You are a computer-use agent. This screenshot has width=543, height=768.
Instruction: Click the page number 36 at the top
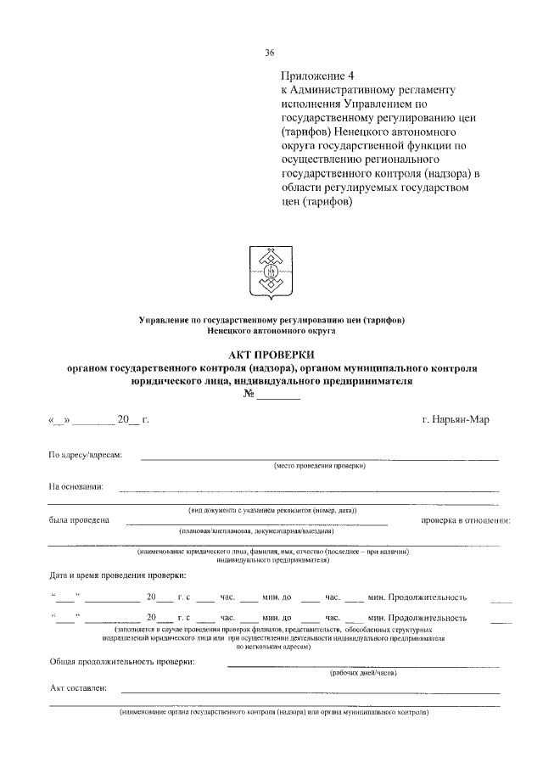[x=271, y=53]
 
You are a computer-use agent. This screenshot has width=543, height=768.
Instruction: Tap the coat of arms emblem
[x=271, y=271]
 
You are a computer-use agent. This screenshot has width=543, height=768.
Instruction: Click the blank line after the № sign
[x=279, y=396]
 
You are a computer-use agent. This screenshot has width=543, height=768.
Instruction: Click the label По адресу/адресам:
[x=86, y=456]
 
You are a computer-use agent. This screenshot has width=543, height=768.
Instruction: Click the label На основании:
[x=76, y=487]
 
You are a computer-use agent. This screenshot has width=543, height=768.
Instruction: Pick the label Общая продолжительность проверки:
[x=121, y=661]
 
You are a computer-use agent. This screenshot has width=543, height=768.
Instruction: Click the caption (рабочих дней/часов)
[x=363, y=672]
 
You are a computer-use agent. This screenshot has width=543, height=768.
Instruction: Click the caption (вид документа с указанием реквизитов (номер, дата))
[x=272, y=509]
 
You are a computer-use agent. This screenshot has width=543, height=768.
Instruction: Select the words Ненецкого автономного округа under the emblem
[x=271, y=331]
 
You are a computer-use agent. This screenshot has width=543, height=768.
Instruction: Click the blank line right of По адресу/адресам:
[x=319, y=458]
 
